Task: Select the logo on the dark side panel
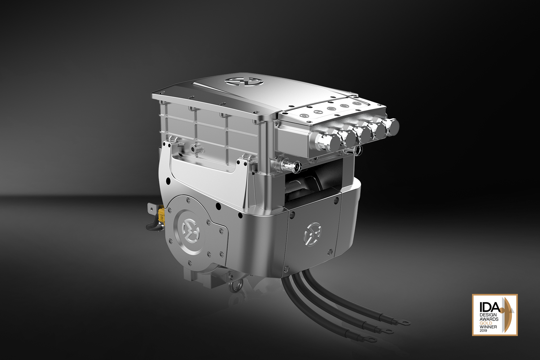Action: (x=312, y=234)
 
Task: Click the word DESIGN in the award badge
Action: (x=488, y=315)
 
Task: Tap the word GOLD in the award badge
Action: (x=486, y=323)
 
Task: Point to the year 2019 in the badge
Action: (x=483, y=331)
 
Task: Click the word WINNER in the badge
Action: (x=488, y=327)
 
